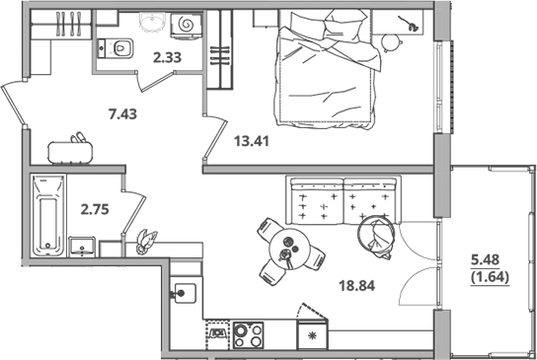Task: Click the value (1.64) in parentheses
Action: [484, 278]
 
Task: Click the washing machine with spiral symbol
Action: [184, 24]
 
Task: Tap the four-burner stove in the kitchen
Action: [249, 334]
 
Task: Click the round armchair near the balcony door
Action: [378, 235]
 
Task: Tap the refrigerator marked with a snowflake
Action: [315, 335]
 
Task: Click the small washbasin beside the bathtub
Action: [81, 244]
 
